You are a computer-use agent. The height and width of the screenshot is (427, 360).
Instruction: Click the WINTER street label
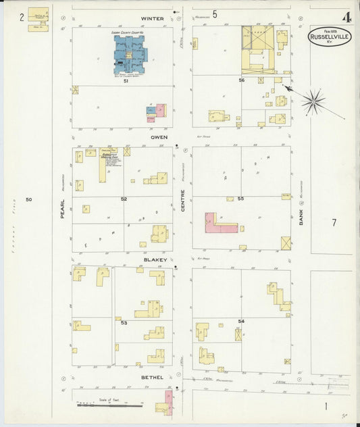pos(153,18)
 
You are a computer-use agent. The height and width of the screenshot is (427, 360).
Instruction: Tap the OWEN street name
pos(159,137)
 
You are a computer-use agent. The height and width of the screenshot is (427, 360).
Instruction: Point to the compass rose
pos(313,102)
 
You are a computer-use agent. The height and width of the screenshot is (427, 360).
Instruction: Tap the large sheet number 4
pos(346,17)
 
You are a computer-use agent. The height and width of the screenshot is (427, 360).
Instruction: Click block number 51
pos(125,82)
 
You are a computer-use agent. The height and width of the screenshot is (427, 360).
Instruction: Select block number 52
pos(124,199)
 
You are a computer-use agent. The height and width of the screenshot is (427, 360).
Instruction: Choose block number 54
pos(241,320)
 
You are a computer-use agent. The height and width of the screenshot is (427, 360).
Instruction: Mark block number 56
pos(240,80)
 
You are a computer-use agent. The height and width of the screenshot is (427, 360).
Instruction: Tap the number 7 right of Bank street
pos(334,222)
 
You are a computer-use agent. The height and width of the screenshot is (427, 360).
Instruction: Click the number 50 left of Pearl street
pos(29,199)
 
